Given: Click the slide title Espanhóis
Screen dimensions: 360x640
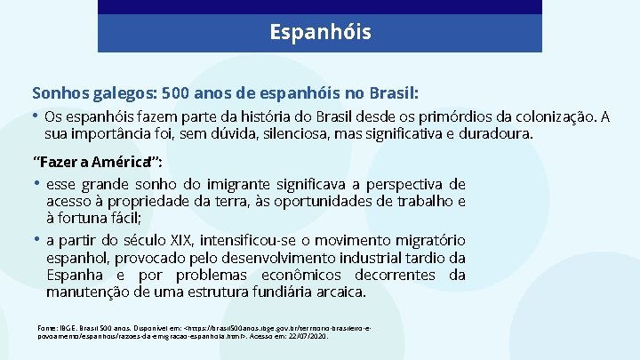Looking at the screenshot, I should tap(320, 33).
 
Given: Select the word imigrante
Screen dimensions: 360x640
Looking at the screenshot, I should tap(261, 185).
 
